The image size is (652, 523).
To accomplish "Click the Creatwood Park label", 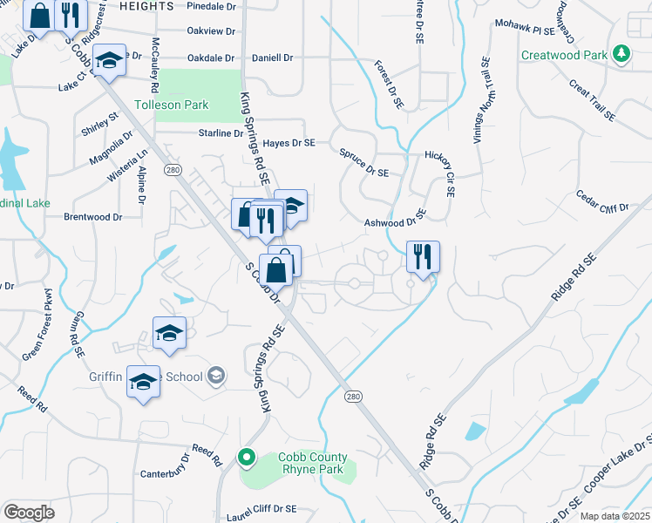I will pyautogui.click(x=563, y=55).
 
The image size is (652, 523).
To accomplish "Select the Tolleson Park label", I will pyautogui.click(x=172, y=105).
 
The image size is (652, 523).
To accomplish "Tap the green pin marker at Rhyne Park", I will pyautogui.click(x=247, y=457).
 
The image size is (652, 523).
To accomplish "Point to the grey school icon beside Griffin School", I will pyautogui.click(x=216, y=377).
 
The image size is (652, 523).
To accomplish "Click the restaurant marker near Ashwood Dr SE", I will pyautogui.click(x=423, y=257).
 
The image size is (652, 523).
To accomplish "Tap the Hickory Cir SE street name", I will pyautogui.click(x=440, y=171).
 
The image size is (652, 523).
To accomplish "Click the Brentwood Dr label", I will pyautogui.click(x=92, y=216).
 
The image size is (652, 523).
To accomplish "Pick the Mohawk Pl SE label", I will pyautogui.click(x=525, y=30).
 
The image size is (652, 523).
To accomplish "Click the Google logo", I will pyautogui.click(x=30, y=513).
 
